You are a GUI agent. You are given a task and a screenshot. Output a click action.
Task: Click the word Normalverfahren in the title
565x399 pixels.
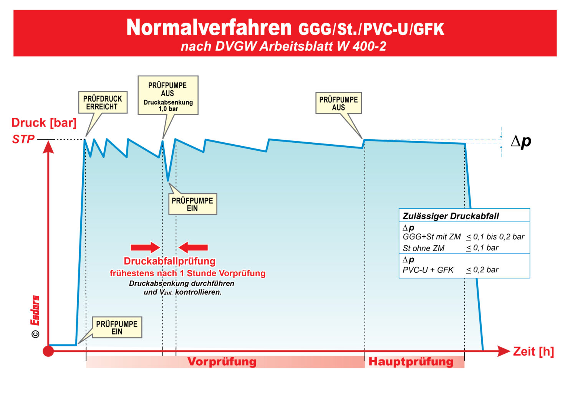(x=209, y=28)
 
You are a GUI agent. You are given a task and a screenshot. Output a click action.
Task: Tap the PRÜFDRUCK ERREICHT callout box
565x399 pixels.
(x=103, y=102)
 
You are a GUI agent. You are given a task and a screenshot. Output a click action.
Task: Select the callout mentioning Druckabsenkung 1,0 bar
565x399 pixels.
(x=168, y=95)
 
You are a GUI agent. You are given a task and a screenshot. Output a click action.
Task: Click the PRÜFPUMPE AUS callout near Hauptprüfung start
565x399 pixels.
(x=338, y=103)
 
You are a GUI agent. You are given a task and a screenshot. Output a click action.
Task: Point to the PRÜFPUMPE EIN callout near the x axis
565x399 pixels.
(x=117, y=328)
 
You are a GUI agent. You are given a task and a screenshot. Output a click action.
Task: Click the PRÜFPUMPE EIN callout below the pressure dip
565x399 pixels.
(x=192, y=204)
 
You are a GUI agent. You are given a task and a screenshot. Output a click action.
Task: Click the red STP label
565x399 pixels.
(x=23, y=139)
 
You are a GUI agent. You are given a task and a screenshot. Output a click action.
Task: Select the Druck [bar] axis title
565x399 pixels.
(x=44, y=123)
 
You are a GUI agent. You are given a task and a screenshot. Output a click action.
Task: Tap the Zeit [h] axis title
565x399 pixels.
(x=534, y=351)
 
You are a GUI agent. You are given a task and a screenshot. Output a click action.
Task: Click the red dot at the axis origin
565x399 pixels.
(x=48, y=351)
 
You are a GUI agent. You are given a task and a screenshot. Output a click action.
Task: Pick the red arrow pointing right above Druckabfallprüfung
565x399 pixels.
(x=145, y=247)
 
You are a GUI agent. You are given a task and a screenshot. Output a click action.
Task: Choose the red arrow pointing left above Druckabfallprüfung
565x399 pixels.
(x=193, y=247)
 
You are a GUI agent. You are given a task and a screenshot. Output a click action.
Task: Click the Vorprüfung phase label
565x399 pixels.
(x=222, y=361)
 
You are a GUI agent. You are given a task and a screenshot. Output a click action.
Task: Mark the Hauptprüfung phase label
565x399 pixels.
(x=411, y=361)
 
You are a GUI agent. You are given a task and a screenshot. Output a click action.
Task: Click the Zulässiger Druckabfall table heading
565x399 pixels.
(x=451, y=216)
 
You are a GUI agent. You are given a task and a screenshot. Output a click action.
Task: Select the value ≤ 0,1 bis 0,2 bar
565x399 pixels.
(x=495, y=237)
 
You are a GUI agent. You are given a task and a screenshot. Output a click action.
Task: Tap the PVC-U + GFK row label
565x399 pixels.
(x=428, y=270)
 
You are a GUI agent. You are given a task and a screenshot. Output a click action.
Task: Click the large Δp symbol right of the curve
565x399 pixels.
(x=521, y=141)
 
